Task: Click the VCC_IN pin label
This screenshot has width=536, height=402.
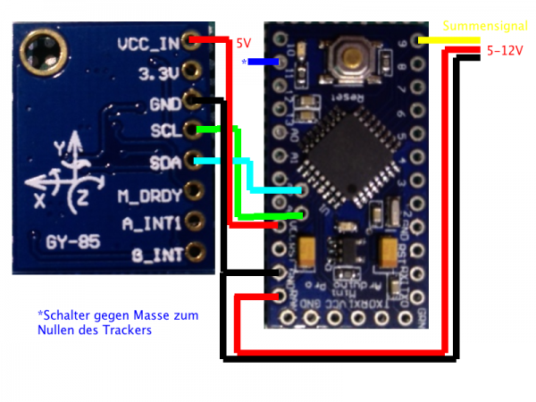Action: click(147, 42)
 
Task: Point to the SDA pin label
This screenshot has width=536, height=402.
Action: click(165, 163)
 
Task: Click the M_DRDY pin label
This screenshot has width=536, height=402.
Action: click(150, 193)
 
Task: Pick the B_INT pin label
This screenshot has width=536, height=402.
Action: click(158, 255)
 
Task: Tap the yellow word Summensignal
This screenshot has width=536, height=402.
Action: click(487, 26)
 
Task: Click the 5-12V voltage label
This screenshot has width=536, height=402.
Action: click(506, 51)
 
